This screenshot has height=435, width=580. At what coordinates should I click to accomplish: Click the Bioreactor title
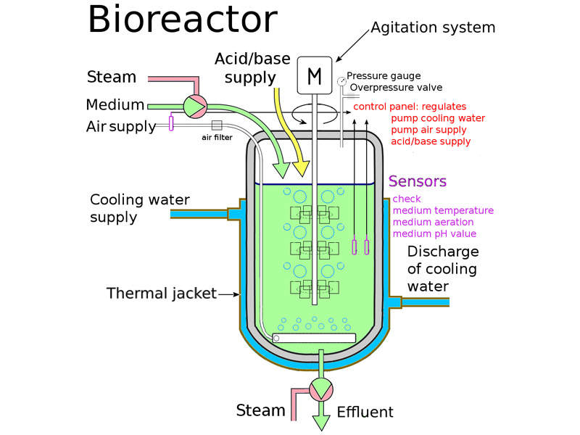[x=182, y=20]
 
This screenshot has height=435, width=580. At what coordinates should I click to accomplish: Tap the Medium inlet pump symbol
[x=194, y=106]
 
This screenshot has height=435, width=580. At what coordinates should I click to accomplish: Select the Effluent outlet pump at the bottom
[x=320, y=389]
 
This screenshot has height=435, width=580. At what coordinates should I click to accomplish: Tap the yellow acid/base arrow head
[x=299, y=168]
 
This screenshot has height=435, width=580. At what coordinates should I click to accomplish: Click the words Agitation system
[x=433, y=28]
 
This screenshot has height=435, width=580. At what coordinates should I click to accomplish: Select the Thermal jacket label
[x=162, y=294]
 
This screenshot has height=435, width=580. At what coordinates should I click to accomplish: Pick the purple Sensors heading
[x=418, y=181]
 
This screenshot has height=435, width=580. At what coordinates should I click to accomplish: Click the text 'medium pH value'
[x=434, y=233]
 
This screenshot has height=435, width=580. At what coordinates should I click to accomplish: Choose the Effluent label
[x=365, y=412]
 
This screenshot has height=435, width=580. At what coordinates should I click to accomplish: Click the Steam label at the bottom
[x=261, y=410]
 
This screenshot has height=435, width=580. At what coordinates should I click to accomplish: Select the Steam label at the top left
[x=112, y=77]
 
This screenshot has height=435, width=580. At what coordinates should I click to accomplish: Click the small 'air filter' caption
[x=217, y=138]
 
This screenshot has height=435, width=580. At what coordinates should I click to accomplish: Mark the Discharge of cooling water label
[x=442, y=268]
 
